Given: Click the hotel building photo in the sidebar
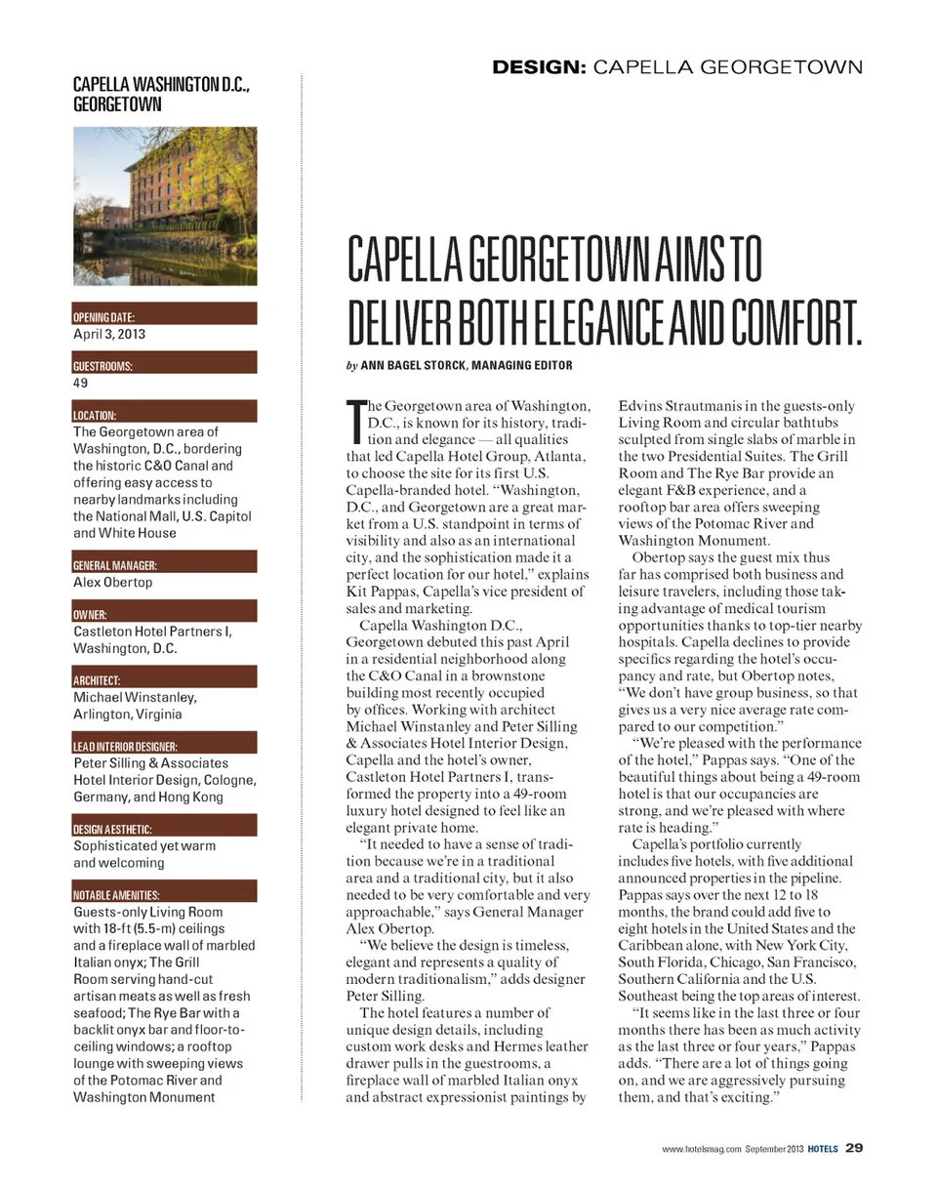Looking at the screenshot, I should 165,206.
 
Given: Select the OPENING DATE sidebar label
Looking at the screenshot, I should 103,317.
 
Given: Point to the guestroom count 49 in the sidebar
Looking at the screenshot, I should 81,384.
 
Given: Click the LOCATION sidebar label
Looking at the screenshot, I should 95,415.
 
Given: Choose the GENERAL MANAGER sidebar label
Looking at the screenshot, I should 115,565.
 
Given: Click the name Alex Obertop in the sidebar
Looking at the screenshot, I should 112,583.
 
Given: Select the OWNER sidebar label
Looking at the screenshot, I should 90,615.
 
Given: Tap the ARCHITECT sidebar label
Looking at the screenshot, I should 97,680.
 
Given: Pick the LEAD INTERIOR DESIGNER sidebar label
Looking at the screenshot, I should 125,747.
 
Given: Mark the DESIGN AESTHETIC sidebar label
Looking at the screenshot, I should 112,829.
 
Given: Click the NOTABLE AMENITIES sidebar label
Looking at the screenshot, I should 116,895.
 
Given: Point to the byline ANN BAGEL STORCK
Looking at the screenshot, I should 417,366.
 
